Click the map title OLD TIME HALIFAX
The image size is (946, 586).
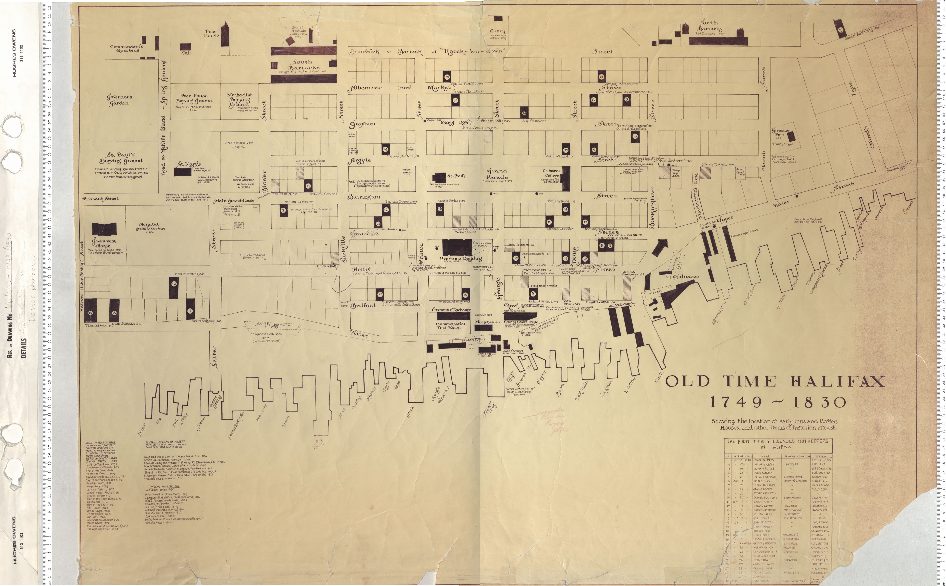pos(775,381)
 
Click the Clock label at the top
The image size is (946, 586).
pos(498,31)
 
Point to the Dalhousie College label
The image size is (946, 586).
pos(551,173)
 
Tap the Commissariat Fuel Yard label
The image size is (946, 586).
pos(448,325)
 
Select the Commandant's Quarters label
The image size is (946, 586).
pos(126,48)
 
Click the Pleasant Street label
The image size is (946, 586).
pos(100,198)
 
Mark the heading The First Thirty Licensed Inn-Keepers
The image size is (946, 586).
pos(777,444)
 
